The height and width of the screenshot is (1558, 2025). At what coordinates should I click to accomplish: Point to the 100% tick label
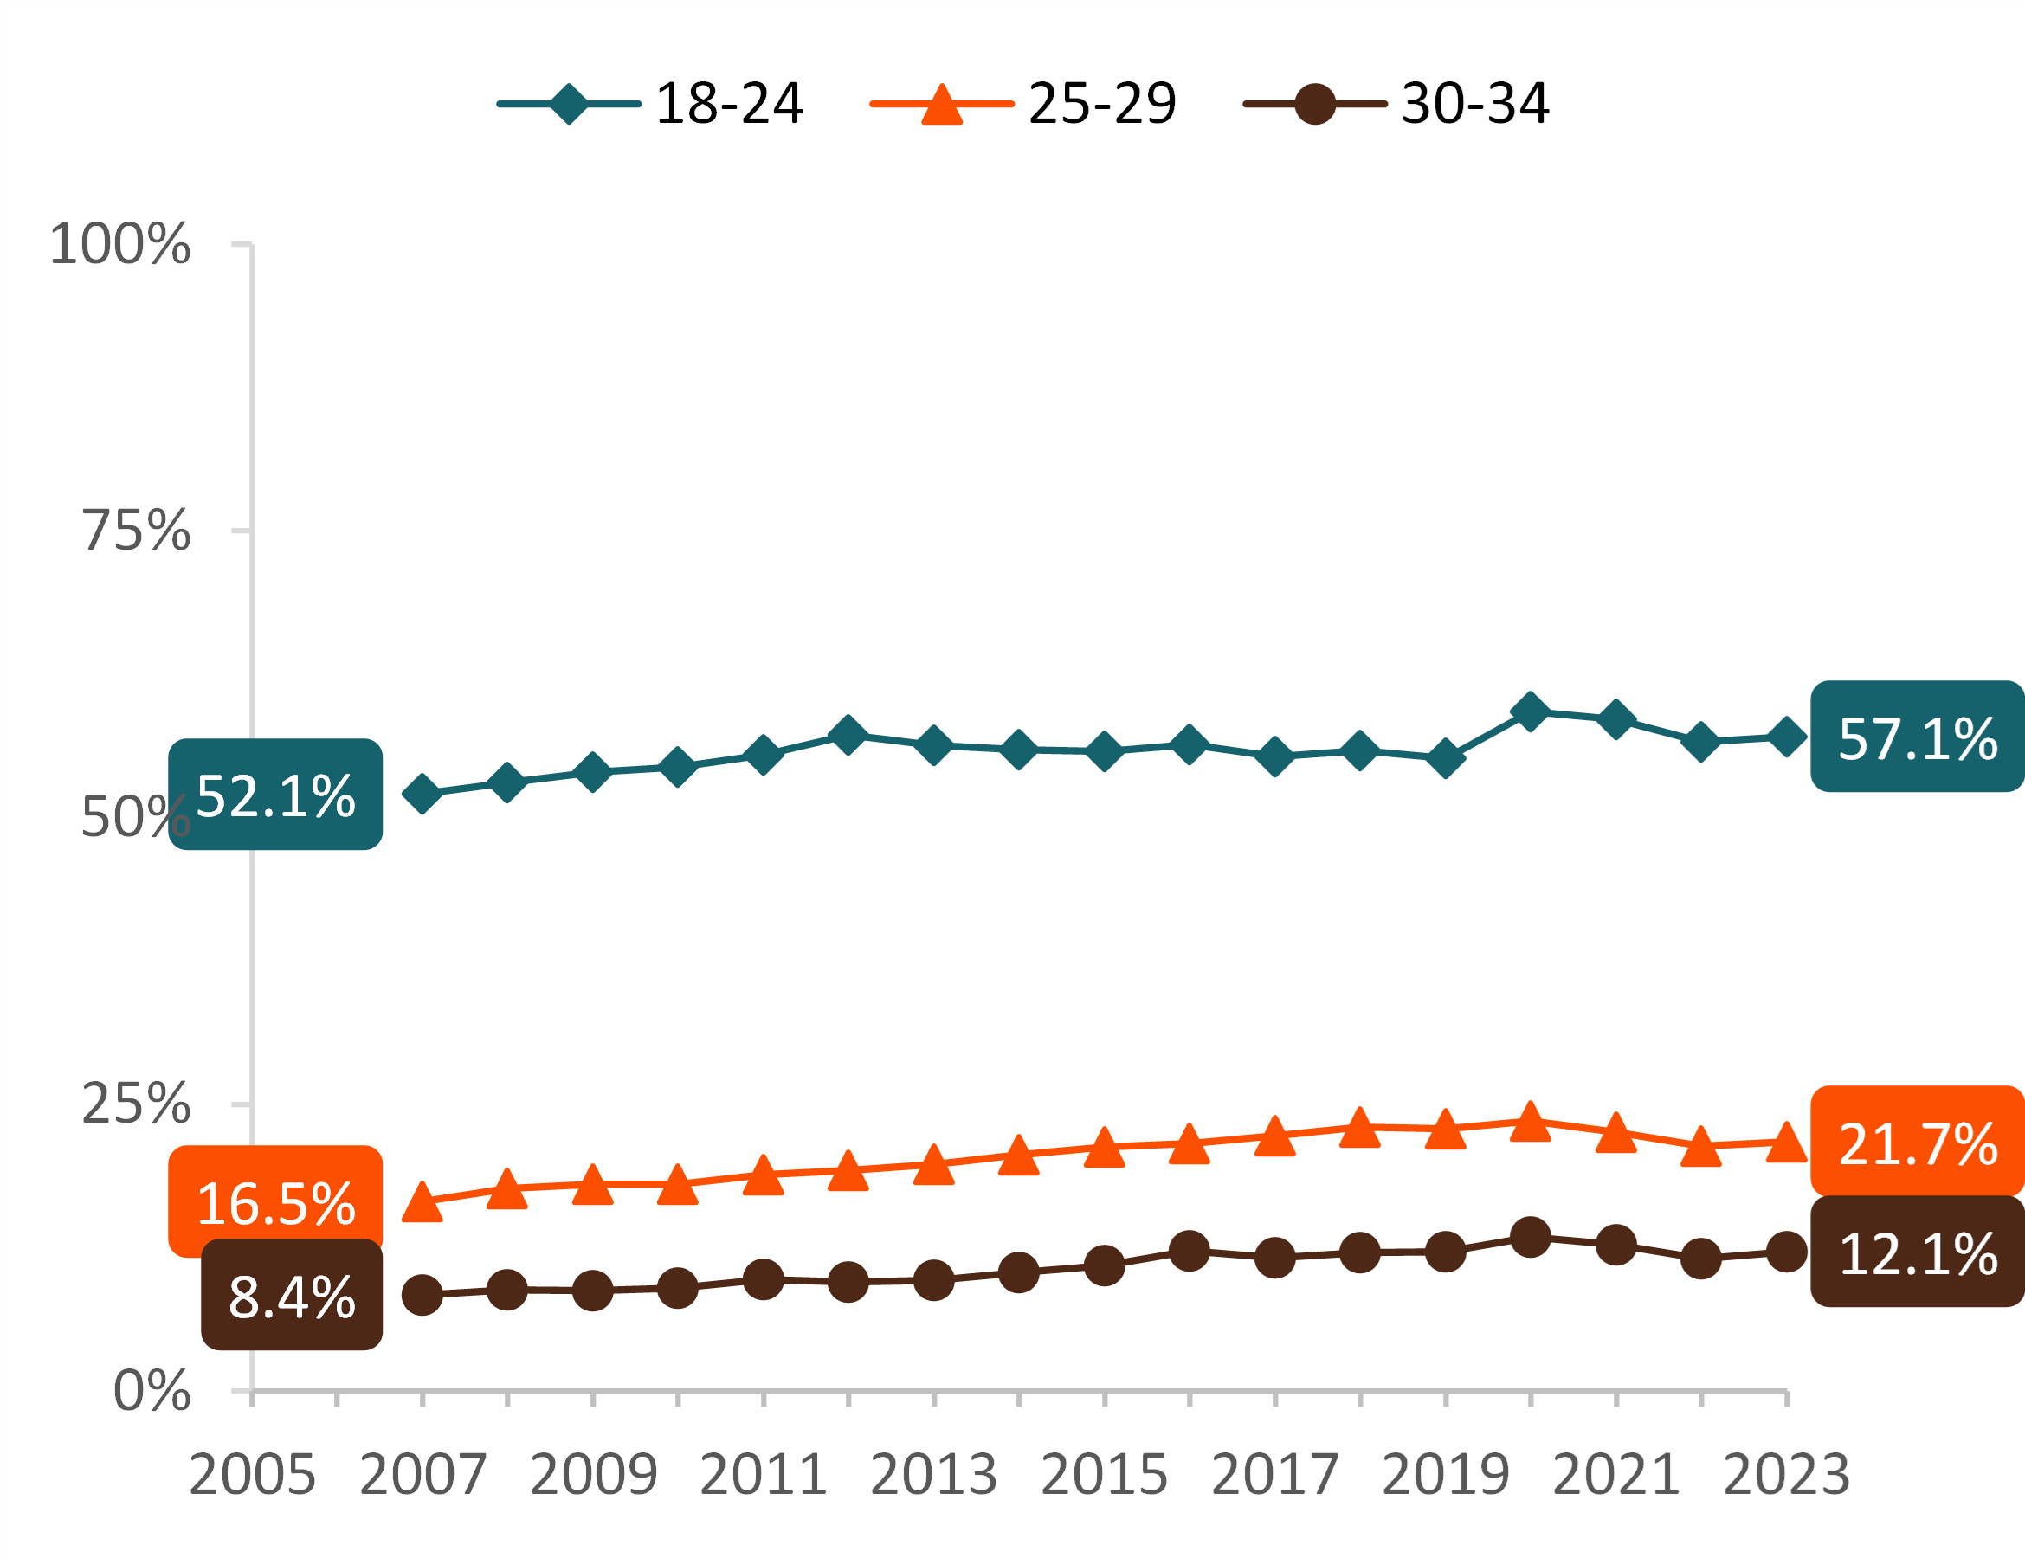pos(119,245)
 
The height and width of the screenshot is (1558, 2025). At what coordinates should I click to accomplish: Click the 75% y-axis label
pos(135,531)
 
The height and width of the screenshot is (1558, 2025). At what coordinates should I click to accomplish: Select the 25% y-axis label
pos(135,1104)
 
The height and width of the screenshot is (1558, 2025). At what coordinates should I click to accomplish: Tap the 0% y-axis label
pos(152,1390)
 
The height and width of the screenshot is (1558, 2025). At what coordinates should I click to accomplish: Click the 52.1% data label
pos(275,795)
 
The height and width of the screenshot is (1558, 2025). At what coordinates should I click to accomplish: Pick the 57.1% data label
pos(1917,737)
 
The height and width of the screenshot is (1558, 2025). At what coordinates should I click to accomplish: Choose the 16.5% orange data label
pos(275,1203)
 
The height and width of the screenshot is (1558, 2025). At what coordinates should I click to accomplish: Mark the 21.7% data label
pos(1917,1143)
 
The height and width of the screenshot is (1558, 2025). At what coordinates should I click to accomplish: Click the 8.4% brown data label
pos(291,1296)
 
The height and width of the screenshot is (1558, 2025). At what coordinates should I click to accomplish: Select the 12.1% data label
pos(1917,1253)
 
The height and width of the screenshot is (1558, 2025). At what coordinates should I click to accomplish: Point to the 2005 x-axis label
pos(252,1475)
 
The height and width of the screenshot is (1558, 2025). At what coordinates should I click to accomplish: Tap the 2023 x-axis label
pos(1786,1475)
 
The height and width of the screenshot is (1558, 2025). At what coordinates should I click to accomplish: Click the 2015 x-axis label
pos(1105,1475)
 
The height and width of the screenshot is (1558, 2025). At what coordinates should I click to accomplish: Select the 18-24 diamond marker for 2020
pos(1530,711)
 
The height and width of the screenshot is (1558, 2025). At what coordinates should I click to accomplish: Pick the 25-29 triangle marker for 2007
pos(422,1202)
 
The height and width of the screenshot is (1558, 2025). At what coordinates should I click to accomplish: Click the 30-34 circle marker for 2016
pos(1189,1252)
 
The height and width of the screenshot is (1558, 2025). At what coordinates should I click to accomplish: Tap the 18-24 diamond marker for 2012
pos(848,735)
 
